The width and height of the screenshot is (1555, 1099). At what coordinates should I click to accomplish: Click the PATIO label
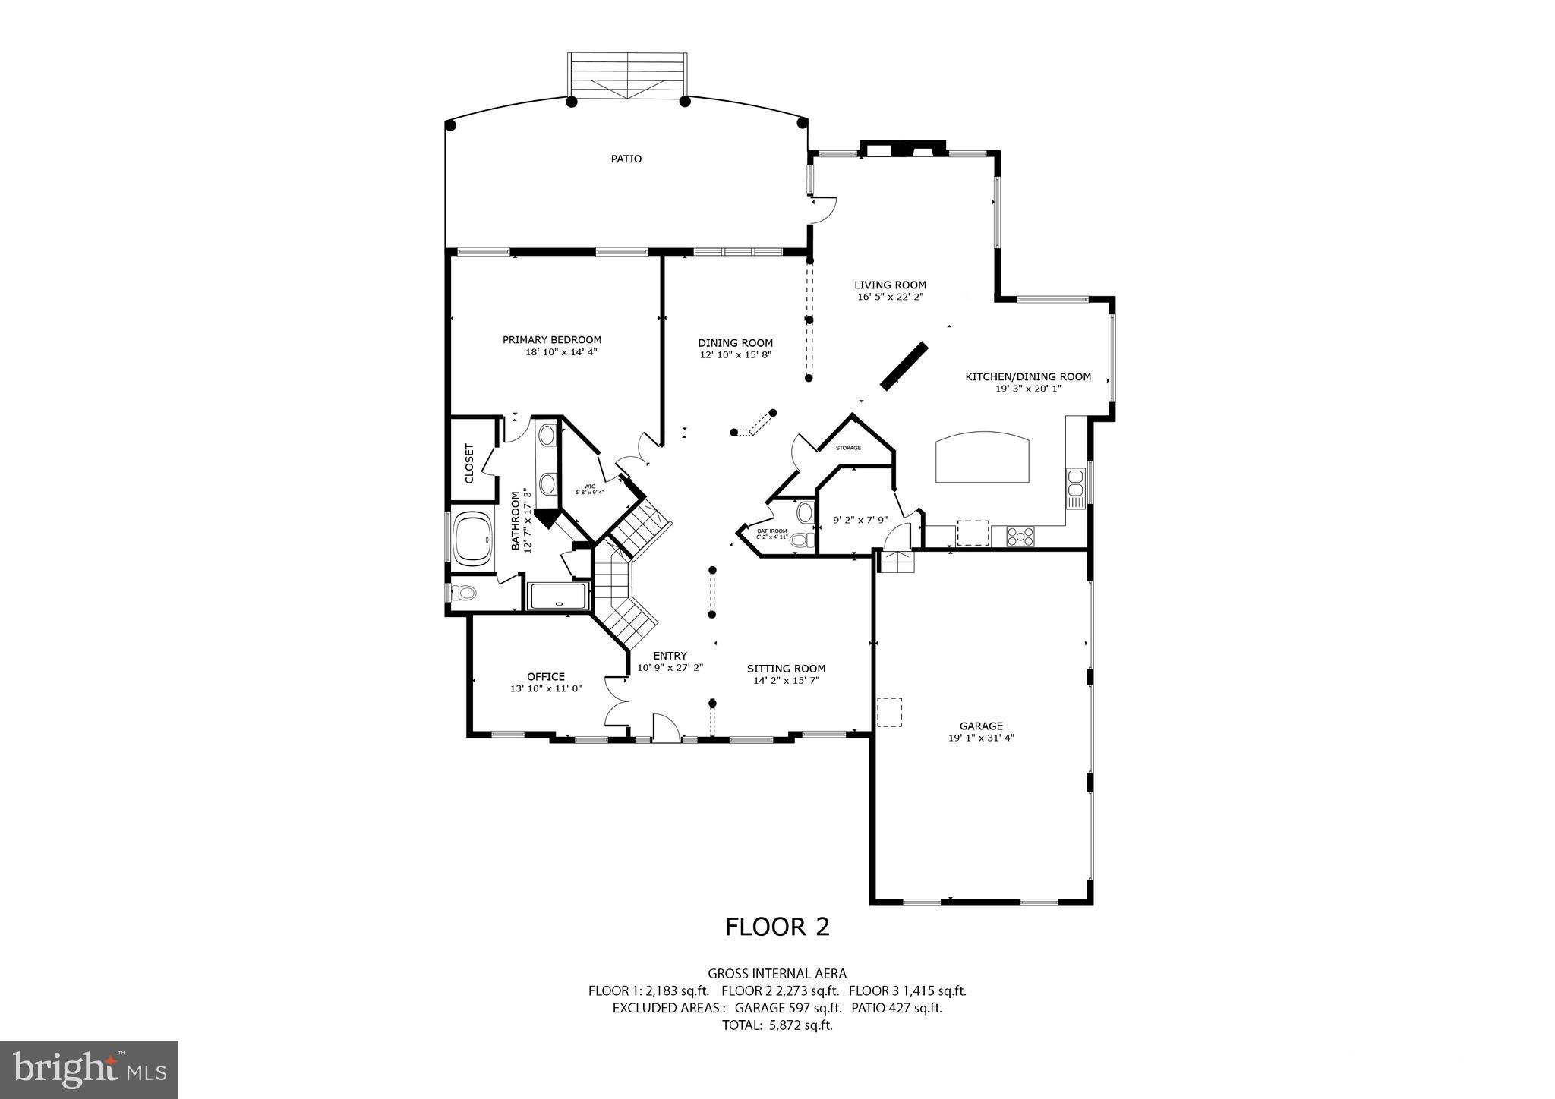pos(626,159)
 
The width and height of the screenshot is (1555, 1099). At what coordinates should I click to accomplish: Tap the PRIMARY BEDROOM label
pos(552,339)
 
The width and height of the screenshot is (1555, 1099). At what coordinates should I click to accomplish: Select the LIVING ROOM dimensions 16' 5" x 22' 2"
pos(890,298)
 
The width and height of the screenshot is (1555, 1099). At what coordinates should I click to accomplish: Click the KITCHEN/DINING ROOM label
pos(1028,376)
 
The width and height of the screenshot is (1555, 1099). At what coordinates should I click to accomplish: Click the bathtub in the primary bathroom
pos(472,539)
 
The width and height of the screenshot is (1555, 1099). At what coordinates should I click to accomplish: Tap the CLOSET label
pos(469,463)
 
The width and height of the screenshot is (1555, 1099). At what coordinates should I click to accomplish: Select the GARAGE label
pos(981,726)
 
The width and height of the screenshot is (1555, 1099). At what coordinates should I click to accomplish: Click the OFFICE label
pos(546,676)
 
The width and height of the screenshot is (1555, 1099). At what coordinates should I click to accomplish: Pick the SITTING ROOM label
pos(786,669)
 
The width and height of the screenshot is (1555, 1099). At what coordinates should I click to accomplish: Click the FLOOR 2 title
pos(777,927)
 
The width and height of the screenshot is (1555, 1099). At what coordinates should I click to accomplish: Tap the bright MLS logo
pos(89,1069)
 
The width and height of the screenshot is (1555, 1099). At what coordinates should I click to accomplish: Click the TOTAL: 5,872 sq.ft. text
pos(777,1025)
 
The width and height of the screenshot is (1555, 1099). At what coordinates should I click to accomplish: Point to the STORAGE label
pos(848,448)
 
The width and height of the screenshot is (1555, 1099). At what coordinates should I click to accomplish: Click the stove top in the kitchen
pos(1020,537)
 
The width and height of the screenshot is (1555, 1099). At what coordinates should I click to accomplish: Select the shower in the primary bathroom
pos(558,596)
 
